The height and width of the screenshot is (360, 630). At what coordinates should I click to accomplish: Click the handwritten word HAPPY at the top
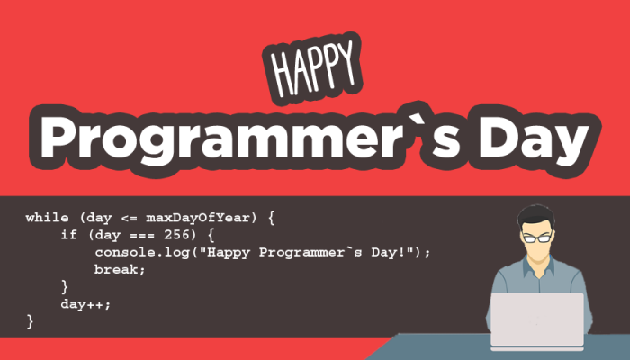(312, 68)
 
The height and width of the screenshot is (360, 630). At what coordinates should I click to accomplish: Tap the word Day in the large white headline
(534, 138)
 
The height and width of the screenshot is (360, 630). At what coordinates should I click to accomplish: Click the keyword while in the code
(47, 218)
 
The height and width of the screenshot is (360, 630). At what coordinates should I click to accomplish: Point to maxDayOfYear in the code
(198, 218)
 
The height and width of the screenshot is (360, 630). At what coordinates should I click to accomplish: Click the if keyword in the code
(68, 234)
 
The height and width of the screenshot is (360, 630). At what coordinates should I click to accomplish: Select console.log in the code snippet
(142, 252)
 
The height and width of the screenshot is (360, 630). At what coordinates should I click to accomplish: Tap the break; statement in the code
(120, 269)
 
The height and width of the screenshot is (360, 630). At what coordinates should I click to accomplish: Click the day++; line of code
(85, 304)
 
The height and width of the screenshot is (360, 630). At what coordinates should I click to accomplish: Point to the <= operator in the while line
(130, 218)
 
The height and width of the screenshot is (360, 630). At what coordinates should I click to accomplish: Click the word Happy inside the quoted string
(228, 253)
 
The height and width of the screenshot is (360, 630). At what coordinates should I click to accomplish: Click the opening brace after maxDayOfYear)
(271, 218)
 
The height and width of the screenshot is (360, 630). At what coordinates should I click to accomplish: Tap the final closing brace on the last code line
(30, 321)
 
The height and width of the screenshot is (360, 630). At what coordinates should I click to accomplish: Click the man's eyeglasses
(536, 238)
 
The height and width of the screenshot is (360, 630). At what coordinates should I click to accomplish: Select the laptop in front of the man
(537, 321)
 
